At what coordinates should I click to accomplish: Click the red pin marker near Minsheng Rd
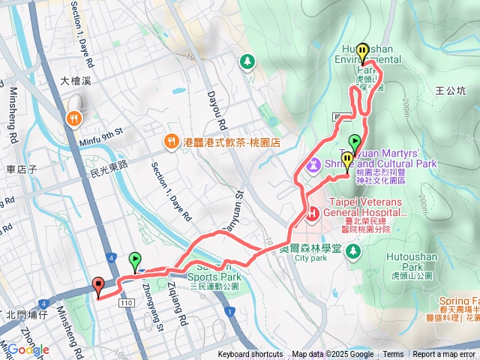(x=98, y=284)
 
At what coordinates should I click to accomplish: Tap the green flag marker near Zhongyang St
(x=135, y=260)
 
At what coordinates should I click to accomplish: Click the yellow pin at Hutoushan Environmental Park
(x=363, y=52)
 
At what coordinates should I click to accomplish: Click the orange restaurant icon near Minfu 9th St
(x=73, y=118)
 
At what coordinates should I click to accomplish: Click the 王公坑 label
(x=450, y=91)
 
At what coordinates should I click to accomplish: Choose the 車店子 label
(x=21, y=169)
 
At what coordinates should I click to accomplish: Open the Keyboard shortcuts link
(x=250, y=355)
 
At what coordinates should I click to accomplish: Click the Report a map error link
(x=445, y=355)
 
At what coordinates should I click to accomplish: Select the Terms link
(x=393, y=355)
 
